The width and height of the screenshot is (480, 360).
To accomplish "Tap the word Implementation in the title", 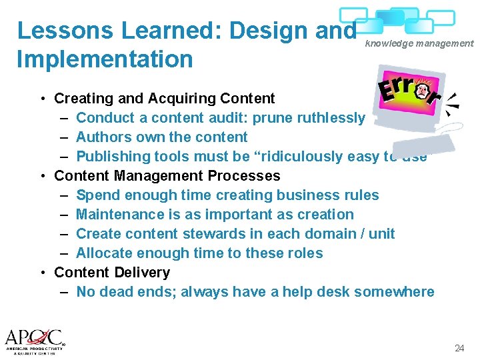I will click(x=105, y=59).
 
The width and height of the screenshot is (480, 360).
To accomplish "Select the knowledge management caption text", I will click(x=419, y=43).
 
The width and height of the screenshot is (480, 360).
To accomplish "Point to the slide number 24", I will click(x=459, y=348).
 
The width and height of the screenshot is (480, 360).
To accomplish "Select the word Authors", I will click(x=101, y=137).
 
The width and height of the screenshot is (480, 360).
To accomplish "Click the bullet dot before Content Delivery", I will click(x=42, y=273).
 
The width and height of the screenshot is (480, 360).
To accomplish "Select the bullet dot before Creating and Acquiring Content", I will click(x=42, y=99).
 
